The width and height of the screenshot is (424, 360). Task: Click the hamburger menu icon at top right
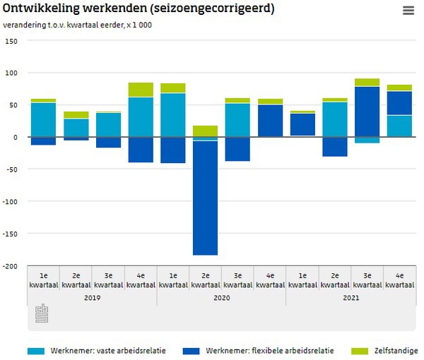coord(408,11)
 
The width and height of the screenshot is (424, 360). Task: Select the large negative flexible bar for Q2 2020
coord(205,198)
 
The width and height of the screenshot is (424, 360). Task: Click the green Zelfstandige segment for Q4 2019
coord(141,90)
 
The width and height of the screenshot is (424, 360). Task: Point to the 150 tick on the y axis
coord(12,41)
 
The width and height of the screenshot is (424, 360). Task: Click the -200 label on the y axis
coord(11,266)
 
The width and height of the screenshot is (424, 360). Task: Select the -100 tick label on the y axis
coord(11,201)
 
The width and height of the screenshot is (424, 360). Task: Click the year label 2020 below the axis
coord(221,298)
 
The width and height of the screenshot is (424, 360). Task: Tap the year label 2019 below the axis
coord(92,298)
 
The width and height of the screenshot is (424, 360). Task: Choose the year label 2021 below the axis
coord(351,298)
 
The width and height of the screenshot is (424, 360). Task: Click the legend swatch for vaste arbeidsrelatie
coord(36,351)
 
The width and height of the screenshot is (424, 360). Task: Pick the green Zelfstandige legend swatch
coord(360,351)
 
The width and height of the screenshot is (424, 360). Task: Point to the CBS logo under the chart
coord(42,314)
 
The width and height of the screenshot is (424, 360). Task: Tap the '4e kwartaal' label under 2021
coord(399,280)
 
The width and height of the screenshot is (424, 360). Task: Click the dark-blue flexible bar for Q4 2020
coord(270,120)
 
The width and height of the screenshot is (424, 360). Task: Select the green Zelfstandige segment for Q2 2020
coord(205,131)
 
